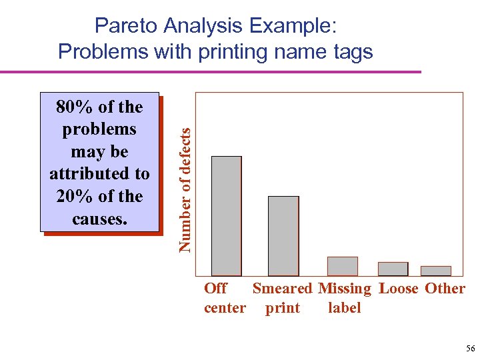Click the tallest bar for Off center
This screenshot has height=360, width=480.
226,215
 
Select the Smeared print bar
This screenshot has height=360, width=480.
283,235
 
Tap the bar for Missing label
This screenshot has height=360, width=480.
342,266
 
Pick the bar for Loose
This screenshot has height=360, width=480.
393,269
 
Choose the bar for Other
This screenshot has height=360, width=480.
435,271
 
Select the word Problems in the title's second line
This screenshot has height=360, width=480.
100,51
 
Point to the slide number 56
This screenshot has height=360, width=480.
471,349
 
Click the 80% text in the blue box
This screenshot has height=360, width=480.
73,107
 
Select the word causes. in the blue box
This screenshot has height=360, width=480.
99,219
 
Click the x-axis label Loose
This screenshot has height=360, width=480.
399,289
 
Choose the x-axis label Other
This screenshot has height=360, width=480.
445,289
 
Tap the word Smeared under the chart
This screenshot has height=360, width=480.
282,289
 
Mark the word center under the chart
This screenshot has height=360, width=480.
225,308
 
